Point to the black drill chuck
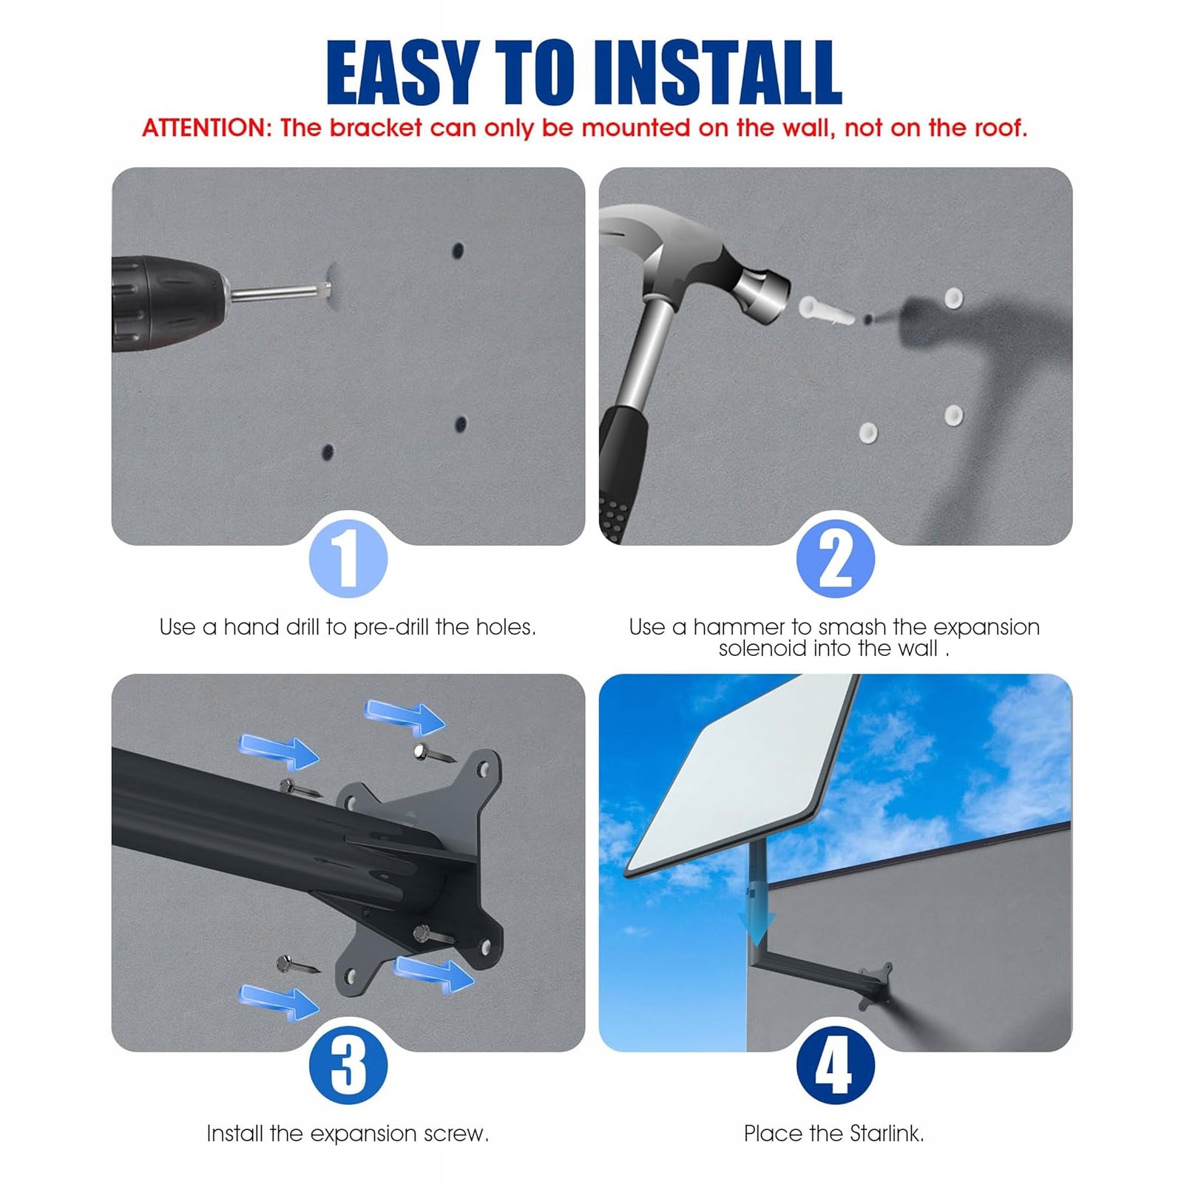[x=166, y=303]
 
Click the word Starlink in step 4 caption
[x=886, y=1134]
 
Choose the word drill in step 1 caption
[x=302, y=627]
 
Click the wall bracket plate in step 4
[x=876, y=987]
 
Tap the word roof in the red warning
[x=999, y=128]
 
